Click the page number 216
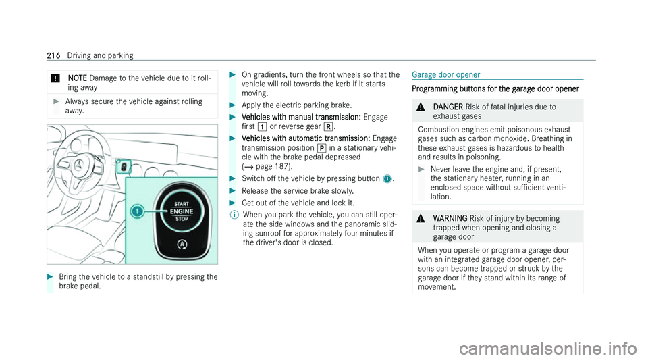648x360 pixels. (x=53, y=55)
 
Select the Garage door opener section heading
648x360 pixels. (x=446, y=75)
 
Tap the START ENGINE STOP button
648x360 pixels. (x=182, y=211)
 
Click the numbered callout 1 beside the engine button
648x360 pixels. (x=137, y=211)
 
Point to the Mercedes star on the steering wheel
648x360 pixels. (x=78, y=165)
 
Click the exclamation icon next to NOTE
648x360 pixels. (x=56, y=78)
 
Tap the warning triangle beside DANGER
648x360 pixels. (x=421, y=107)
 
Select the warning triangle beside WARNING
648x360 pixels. (x=421, y=219)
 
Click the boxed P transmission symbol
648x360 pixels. (x=321, y=148)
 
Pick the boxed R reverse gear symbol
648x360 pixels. (x=328, y=127)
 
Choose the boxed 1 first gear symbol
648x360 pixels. (x=262, y=127)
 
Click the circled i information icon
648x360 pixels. (x=234, y=215)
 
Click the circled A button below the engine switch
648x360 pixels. (x=182, y=245)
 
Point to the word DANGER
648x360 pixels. (x=448, y=107)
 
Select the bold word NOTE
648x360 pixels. (x=77, y=78)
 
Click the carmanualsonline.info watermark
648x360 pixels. (x=547, y=349)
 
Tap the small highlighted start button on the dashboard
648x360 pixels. (x=124, y=167)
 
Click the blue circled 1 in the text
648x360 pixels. (x=387, y=178)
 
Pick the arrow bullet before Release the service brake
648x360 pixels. (x=233, y=191)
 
